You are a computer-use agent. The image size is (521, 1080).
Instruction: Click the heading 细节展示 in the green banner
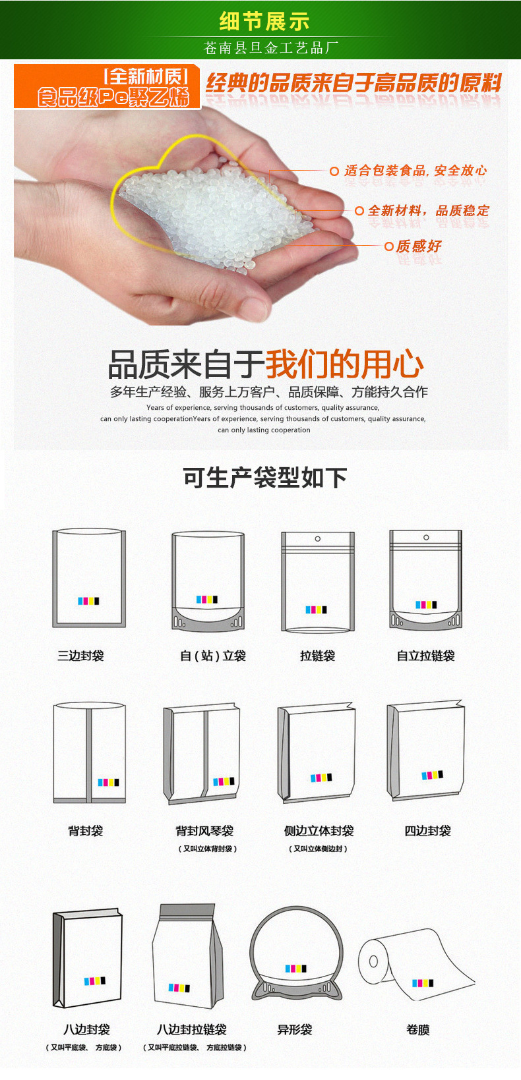[264, 20]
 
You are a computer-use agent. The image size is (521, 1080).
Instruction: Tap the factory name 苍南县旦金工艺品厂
[270, 47]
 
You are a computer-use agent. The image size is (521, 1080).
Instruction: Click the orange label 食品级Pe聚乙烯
[114, 97]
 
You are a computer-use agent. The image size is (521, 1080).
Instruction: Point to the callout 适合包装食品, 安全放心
[415, 170]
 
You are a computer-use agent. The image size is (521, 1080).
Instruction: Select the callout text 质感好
[419, 246]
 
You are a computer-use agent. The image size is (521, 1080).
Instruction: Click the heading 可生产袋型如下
[265, 477]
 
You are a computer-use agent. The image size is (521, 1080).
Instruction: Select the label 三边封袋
[80, 655]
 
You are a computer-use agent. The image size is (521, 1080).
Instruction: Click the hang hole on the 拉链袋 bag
[317, 538]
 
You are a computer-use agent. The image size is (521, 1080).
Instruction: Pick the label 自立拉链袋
[425, 655]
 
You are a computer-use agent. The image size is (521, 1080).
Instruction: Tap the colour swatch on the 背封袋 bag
[109, 782]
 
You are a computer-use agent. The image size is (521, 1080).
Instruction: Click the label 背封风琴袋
[204, 830]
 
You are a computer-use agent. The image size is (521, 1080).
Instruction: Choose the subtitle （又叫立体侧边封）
[318, 849]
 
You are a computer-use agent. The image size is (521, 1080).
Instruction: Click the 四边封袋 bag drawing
[425, 751]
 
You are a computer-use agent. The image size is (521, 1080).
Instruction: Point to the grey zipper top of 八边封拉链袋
[187, 911]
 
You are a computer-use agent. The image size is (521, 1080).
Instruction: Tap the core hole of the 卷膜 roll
[373, 961]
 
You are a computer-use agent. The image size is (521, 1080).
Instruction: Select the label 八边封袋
[87, 1029]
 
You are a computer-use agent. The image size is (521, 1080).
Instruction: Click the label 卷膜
[417, 1029]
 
